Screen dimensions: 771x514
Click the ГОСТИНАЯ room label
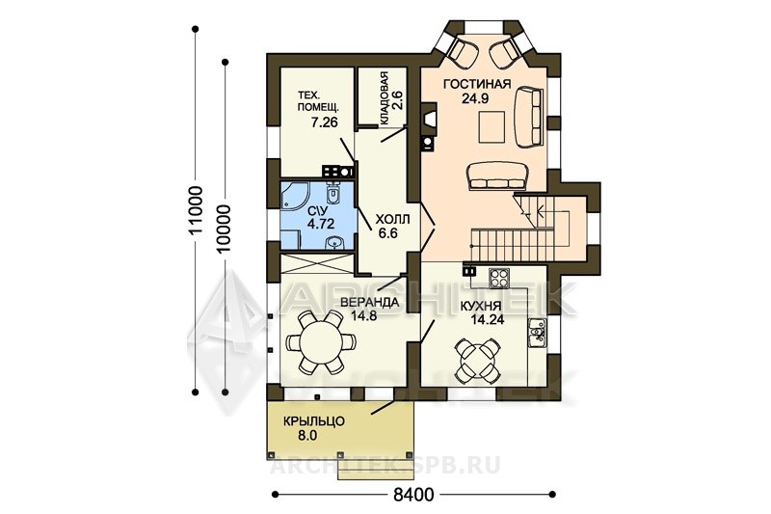477,84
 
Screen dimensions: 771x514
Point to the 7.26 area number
324,122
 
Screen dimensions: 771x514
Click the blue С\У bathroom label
314,211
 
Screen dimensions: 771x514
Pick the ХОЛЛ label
392,219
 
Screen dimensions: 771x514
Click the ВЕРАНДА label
369,302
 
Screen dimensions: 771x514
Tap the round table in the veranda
321,341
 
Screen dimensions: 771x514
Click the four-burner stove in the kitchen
500,278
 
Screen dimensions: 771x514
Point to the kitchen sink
537,333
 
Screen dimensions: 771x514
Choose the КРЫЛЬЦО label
314,421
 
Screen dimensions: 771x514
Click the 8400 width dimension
413,495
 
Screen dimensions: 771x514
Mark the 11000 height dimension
197,210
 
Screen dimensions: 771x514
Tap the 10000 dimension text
225,229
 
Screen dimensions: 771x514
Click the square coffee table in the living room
492,126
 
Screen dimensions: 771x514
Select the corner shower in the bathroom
294,198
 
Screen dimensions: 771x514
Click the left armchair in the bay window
464,52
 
